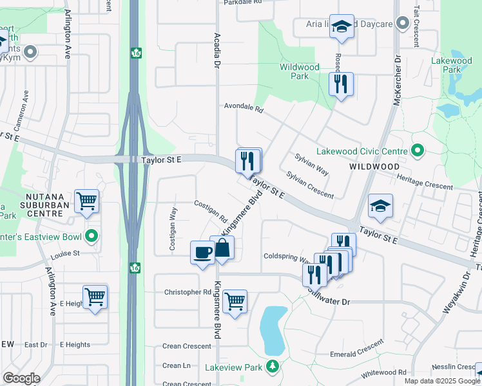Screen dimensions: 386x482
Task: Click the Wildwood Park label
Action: point(299,71)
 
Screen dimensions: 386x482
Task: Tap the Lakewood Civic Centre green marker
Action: point(417,151)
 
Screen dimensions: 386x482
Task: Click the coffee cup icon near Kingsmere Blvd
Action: point(202,252)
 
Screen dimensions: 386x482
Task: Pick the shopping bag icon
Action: point(221,248)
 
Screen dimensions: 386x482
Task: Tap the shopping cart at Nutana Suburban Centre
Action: point(86,201)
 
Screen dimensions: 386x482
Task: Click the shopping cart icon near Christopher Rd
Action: point(235,300)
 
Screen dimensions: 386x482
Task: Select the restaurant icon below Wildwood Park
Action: point(341,84)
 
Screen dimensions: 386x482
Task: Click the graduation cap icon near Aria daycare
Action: point(342,26)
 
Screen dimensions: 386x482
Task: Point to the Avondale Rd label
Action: point(244,108)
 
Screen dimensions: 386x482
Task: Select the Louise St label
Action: point(66,253)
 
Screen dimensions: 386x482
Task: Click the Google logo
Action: point(21,378)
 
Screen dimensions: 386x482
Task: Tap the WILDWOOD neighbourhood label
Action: point(374,166)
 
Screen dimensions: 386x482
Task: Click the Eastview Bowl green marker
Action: point(92,236)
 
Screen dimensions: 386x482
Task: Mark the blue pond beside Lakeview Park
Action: point(273,326)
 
